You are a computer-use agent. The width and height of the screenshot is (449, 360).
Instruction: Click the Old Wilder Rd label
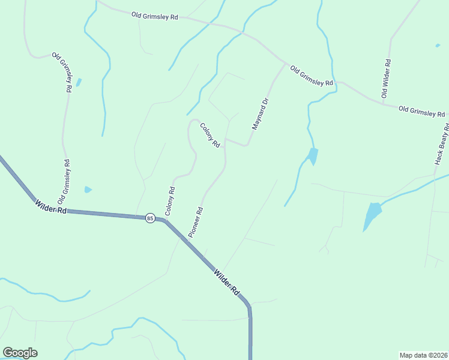point(387,79)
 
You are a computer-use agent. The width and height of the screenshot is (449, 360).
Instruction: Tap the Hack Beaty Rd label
point(442,144)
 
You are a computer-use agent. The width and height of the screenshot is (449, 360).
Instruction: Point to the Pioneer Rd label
point(197,222)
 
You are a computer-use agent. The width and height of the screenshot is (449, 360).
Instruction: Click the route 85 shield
point(149,218)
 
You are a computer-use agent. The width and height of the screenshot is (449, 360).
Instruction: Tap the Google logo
point(20,353)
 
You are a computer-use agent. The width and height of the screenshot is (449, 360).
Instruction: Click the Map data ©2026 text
point(423,355)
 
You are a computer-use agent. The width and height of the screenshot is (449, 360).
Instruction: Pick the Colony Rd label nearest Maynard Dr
point(211,135)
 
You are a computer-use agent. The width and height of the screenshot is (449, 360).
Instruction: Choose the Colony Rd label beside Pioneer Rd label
point(170,202)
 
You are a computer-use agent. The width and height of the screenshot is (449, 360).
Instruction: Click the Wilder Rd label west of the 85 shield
point(50,208)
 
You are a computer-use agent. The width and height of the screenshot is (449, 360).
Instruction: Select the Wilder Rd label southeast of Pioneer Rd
point(226,280)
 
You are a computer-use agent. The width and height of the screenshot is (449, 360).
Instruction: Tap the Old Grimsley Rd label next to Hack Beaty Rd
point(422,111)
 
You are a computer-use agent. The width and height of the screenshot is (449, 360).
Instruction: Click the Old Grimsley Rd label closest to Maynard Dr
point(312,76)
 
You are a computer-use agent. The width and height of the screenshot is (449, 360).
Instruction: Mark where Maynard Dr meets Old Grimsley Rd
point(286,62)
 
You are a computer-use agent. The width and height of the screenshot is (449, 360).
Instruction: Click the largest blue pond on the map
point(372,215)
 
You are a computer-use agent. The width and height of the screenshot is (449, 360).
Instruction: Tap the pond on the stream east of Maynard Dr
point(312,155)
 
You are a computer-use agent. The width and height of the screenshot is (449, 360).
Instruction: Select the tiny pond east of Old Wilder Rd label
point(437,45)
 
